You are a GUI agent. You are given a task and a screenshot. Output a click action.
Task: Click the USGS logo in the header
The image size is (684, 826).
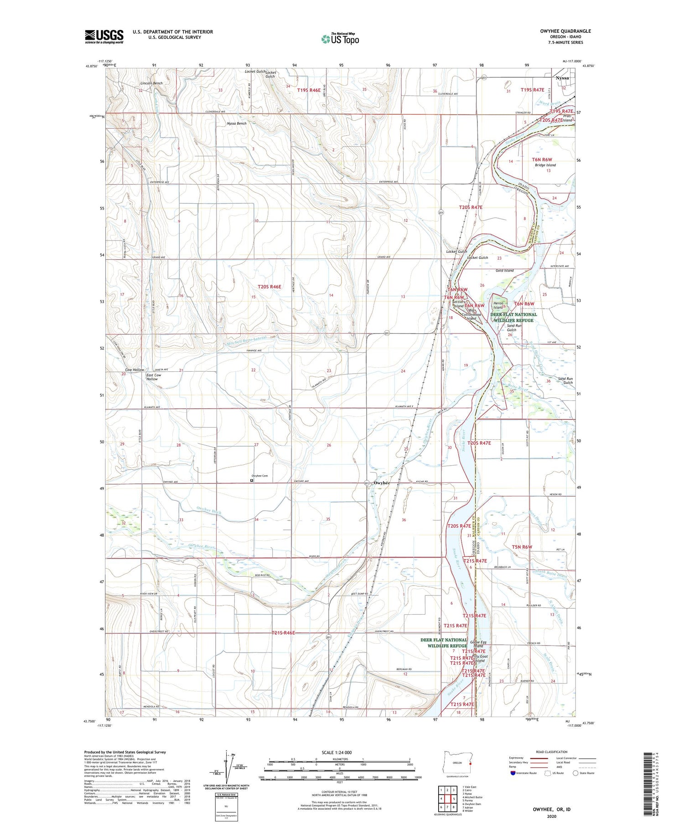[x=104, y=36]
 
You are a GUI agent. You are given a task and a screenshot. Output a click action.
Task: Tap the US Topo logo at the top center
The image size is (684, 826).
[x=340, y=39]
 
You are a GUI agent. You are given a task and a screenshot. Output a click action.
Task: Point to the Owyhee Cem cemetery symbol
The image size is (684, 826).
[x=252, y=480]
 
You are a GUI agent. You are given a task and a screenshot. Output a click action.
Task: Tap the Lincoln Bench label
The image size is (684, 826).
[x=151, y=83]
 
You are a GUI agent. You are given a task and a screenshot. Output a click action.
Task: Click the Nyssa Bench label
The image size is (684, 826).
[x=236, y=123]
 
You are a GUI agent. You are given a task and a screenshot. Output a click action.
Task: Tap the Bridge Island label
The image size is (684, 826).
[x=545, y=165]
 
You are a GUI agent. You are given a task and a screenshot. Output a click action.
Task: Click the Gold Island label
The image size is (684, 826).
[x=504, y=270]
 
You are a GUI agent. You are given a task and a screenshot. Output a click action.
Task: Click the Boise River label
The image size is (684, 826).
[x=518, y=389]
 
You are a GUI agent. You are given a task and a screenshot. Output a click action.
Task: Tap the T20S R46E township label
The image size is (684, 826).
[x=269, y=287]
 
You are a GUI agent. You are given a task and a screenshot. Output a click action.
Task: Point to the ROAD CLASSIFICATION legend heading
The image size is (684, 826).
[x=552, y=752]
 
